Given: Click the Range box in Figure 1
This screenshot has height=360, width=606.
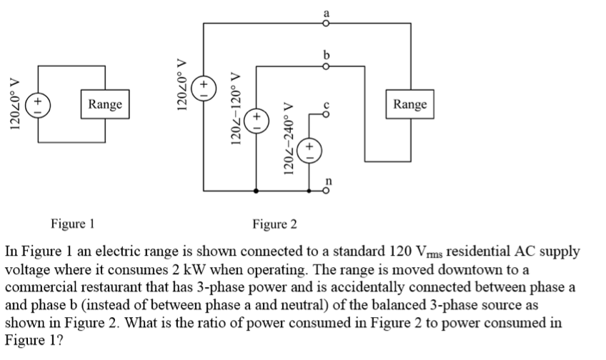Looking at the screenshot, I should pos(105,104).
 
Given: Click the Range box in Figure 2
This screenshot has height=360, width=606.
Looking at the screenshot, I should pos(410,104).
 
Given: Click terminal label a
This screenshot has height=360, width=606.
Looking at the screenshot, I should pos(327,12).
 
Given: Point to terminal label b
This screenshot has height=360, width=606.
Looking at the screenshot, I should pos(327,56).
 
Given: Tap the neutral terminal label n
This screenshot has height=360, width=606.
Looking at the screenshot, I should pos(329,182).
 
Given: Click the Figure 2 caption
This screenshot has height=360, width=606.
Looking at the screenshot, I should pos(274,225).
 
